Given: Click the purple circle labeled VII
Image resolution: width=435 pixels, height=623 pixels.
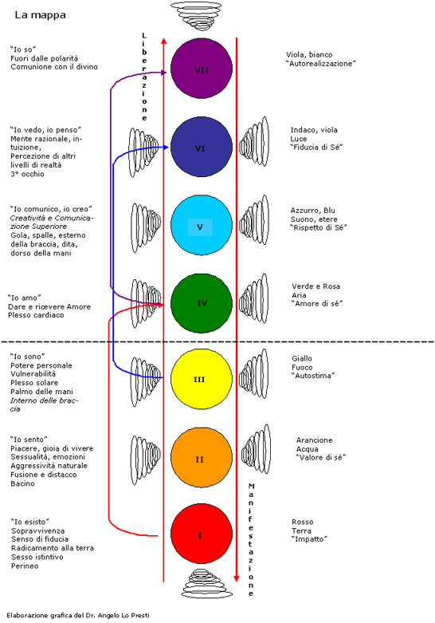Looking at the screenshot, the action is [202, 69].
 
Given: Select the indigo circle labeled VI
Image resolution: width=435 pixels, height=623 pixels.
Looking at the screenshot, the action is [202, 148].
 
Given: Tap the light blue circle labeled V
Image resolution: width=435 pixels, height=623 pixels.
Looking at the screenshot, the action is [202, 225].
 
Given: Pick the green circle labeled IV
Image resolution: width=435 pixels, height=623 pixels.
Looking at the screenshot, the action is [202, 303].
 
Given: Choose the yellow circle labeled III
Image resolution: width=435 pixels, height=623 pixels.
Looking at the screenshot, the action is [202, 379].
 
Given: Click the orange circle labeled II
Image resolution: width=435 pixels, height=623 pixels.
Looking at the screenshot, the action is [202, 457].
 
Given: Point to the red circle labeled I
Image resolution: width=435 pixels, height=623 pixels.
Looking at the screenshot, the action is [202, 534].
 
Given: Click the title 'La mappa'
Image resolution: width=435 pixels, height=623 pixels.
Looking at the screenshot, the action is [40, 15].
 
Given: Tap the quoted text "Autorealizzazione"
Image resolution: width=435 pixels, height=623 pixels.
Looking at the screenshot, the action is [321, 64].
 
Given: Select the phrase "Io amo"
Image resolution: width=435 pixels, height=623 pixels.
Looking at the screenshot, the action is [24, 298].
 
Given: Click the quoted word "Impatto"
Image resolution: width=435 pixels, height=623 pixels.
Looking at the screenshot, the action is [310, 539].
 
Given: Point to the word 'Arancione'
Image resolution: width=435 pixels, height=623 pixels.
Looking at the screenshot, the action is [315, 440].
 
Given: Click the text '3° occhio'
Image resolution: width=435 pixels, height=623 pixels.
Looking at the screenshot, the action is [27, 174].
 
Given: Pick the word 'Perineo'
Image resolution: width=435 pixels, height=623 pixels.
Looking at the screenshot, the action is [25, 566].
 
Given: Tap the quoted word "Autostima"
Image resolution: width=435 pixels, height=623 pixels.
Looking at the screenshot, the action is [314, 376].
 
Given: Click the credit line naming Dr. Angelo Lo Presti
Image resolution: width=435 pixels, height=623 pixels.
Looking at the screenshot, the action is [78, 616].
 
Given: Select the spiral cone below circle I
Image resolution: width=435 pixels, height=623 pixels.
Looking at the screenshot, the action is [207, 583].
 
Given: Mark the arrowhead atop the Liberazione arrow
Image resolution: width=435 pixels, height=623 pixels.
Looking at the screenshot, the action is [164, 41].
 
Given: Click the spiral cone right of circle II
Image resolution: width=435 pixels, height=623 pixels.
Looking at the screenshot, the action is [257, 449].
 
